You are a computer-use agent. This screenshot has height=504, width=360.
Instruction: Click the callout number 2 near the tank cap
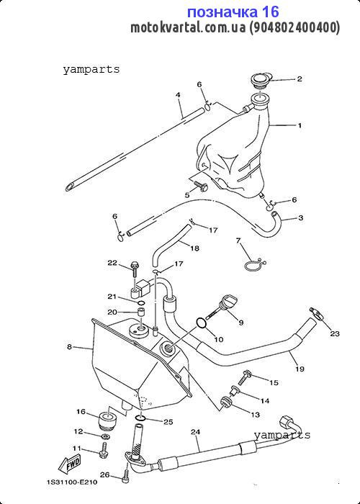point(300,79)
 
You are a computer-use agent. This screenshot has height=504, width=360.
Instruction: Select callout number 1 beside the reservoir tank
point(300,125)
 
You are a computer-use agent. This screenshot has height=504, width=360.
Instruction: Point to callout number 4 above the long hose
point(178,95)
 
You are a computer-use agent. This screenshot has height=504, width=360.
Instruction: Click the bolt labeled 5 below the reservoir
point(201,186)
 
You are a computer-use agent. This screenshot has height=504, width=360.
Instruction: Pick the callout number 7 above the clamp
point(238,240)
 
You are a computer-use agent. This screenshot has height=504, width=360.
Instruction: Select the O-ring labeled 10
point(201,323)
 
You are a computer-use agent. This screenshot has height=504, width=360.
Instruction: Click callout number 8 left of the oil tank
point(69,347)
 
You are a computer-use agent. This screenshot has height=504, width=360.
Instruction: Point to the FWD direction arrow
point(69,465)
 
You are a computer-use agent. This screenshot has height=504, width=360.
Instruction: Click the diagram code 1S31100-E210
point(72,482)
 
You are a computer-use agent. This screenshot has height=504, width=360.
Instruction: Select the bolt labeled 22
point(135,269)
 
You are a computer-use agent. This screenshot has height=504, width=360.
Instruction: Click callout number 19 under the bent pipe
point(300,369)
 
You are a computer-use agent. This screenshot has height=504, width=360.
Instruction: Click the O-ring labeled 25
point(140,418)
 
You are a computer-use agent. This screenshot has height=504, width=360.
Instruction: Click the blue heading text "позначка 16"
point(233,12)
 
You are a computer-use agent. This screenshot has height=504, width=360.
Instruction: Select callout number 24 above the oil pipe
point(195,432)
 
